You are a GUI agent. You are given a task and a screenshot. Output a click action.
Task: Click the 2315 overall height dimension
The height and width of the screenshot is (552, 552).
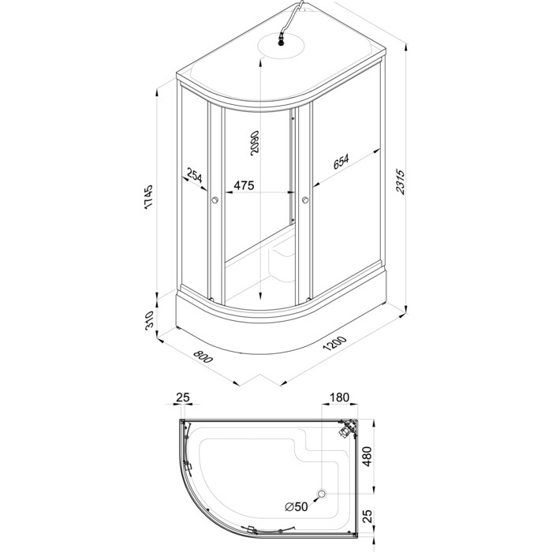[x=401, y=181]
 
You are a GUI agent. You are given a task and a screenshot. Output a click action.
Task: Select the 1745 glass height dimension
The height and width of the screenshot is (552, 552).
[x=148, y=196]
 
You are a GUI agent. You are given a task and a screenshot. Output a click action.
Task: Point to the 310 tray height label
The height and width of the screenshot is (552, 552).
[x=150, y=320]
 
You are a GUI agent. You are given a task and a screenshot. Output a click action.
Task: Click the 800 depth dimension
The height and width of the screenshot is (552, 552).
[x=203, y=356]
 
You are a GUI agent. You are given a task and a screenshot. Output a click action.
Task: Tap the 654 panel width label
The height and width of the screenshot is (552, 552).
[x=341, y=162]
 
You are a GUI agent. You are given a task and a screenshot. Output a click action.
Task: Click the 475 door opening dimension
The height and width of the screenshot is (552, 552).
[x=244, y=185]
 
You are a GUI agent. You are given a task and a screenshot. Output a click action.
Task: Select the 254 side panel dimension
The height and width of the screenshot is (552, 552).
[x=195, y=176]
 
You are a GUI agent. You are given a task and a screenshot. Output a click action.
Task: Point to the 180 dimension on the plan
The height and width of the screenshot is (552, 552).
[x=339, y=397]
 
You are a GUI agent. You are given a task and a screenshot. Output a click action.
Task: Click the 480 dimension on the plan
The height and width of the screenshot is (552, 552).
[x=367, y=457]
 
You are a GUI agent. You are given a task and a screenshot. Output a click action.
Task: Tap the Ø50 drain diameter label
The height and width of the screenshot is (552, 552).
[x=297, y=506]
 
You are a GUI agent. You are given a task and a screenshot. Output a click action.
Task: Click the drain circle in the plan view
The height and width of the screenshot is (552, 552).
[x=322, y=494]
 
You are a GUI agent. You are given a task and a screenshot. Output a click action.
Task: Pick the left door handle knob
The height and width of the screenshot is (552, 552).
[x=214, y=200]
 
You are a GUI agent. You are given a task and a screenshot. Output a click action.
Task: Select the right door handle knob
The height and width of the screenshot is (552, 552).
[x=305, y=200]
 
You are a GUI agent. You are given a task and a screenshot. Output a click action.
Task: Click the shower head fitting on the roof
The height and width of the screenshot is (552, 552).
[x=281, y=39]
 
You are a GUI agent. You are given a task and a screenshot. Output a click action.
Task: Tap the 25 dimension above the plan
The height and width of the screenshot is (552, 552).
[x=183, y=397]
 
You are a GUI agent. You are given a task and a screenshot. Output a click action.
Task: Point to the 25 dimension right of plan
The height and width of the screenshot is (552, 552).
[x=367, y=516]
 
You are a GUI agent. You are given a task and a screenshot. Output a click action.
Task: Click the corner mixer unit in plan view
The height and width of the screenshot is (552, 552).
[x=347, y=429]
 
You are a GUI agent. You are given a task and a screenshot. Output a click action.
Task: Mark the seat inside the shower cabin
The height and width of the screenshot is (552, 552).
[x=282, y=259]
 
